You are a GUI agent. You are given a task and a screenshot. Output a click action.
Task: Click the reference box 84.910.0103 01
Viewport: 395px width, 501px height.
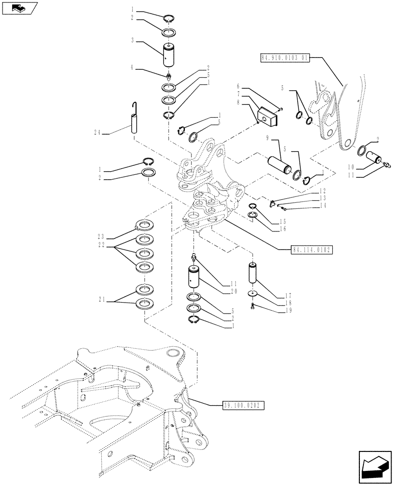(284, 58)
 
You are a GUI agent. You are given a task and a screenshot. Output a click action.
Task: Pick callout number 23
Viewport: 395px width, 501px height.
(101, 236)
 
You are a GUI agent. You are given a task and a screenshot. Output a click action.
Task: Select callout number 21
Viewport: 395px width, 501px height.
(102, 300)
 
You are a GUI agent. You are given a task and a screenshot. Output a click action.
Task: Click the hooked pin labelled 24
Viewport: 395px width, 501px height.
(135, 120)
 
